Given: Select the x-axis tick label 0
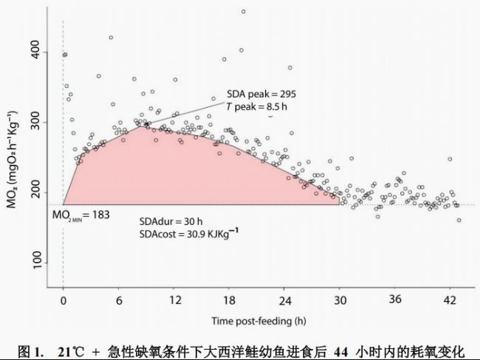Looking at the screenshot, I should click(64, 300).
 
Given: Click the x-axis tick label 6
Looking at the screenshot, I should click(119, 300).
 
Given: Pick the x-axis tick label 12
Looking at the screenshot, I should click(174, 300).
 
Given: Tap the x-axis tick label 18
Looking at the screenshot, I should click(230, 300).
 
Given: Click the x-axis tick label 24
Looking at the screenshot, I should click(285, 300).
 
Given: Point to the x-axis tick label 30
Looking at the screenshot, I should click(340, 300).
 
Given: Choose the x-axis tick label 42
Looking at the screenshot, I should click(450, 300).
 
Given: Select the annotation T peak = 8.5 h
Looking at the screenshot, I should click(256, 106).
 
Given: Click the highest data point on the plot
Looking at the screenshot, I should click(243, 12).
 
